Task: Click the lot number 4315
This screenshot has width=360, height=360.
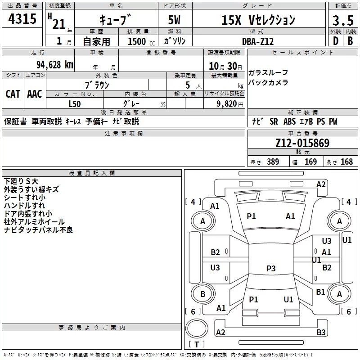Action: click(x=22, y=18)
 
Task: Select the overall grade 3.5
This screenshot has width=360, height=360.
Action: click(x=343, y=20)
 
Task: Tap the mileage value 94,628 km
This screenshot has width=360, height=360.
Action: click(x=55, y=65)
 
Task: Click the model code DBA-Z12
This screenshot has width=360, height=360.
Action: click(x=258, y=41)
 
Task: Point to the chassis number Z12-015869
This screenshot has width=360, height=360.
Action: click(x=302, y=143)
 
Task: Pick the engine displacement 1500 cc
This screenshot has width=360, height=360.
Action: click(x=141, y=41)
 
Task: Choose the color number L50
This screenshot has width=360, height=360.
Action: click(x=75, y=104)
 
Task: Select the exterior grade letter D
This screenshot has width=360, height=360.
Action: click(x=336, y=41)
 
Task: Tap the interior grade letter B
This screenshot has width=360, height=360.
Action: click(x=350, y=41)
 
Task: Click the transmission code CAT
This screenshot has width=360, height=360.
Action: click(x=13, y=94)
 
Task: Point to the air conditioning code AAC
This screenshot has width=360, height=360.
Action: click(x=35, y=94)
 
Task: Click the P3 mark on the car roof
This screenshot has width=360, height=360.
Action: click(x=271, y=268)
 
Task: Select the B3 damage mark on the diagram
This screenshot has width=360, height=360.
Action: click(x=321, y=332)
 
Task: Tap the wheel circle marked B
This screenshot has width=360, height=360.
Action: click(x=203, y=294)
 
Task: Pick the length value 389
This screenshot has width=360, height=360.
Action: click(x=273, y=162)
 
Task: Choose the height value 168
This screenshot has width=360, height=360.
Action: click(x=346, y=162)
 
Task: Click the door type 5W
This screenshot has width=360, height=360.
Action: click(x=174, y=20)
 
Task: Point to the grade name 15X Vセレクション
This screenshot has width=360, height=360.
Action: click(x=258, y=20)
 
